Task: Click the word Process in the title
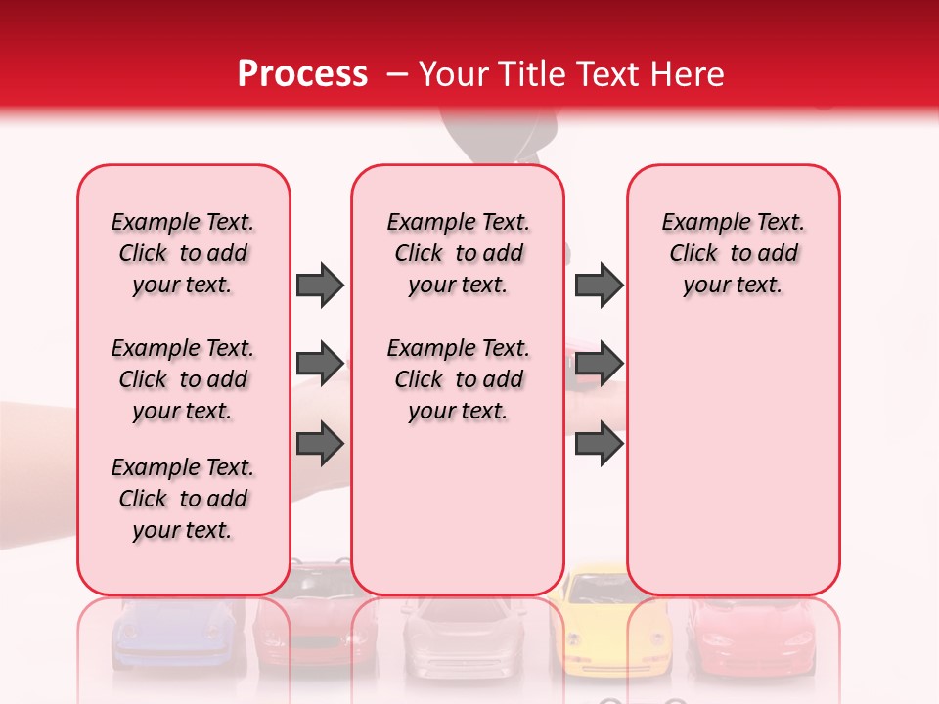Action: pos(302,74)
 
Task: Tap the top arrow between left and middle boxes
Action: pos(320,285)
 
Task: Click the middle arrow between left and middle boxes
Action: pos(320,365)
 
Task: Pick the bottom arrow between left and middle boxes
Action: pos(320,444)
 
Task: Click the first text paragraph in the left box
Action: pos(182,253)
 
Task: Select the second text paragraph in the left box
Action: pos(182,379)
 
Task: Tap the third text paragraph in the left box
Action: pos(182,499)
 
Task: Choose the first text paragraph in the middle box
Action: pos(458,253)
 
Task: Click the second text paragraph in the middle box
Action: pos(458,379)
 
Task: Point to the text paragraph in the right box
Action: pos(733,253)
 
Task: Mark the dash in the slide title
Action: pos(398,75)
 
